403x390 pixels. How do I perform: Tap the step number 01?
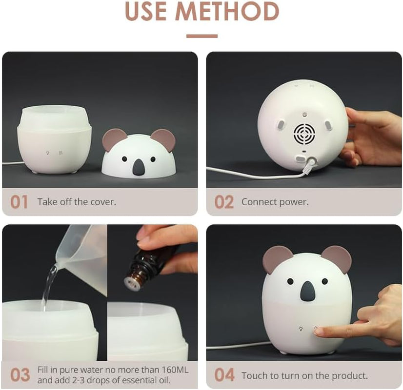pos(19,202)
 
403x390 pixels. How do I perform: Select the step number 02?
pos(224,202)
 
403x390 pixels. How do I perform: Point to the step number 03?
pos(20,375)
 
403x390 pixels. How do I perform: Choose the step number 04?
pos(224,375)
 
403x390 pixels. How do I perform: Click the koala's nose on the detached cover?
pos(139,167)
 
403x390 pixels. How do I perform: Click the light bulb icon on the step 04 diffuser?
pos(301,329)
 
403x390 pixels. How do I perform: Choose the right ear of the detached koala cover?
pos(164,140)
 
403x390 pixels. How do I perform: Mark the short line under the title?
pos(202,36)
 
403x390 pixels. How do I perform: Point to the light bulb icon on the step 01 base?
pos(47,153)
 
